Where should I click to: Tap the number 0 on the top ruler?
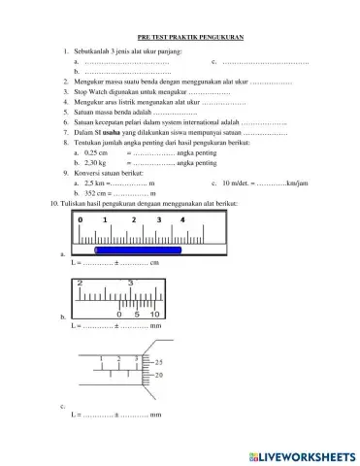point(81,221)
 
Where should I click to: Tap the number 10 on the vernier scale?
point(152,314)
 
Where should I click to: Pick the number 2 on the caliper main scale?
point(81,283)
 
